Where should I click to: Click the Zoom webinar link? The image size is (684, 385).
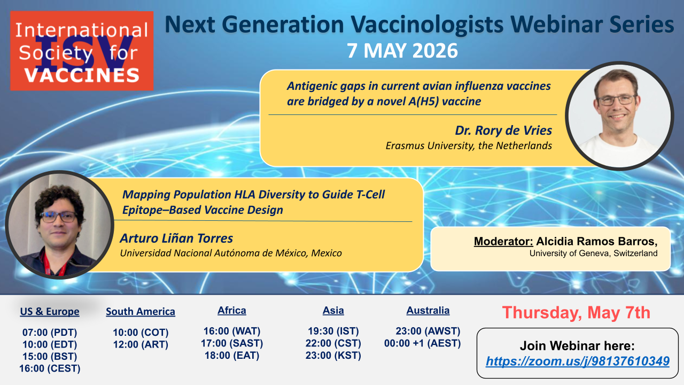[578, 361]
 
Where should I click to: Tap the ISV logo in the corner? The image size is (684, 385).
[82, 51]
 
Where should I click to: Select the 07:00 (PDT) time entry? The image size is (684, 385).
[50, 332]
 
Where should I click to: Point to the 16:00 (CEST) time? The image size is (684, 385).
[50, 368]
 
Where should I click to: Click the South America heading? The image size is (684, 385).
[141, 311]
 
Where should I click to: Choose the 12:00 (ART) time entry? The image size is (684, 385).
[141, 344]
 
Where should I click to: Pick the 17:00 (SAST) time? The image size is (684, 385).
[232, 343]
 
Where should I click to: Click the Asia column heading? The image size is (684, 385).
[333, 311]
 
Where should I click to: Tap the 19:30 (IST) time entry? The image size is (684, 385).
[333, 331]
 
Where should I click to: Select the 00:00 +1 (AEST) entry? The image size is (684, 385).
[422, 343]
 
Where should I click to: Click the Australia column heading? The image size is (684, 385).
[428, 311]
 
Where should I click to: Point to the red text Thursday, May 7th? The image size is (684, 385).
[576, 313]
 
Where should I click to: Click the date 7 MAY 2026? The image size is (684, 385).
[402, 51]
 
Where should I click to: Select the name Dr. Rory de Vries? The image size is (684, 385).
[503, 130]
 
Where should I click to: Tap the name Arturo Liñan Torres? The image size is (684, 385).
[176, 238]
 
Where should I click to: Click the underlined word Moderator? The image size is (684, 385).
[503, 241]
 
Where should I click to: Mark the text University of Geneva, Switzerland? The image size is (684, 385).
[593, 253]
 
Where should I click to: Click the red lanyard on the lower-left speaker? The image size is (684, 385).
[55, 265]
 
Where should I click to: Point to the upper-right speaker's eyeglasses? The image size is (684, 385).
[617, 100]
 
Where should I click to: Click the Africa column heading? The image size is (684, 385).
[232, 311]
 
